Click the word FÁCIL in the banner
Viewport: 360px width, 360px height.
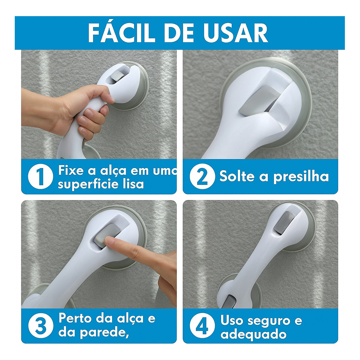(x=120, y=33)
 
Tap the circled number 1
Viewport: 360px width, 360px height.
(x=40, y=176)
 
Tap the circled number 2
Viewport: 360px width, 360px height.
(x=202, y=176)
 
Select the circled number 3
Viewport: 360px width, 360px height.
(x=41, y=326)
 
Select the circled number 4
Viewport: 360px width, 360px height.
(x=202, y=326)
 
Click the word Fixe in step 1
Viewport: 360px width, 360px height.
(x=70, y=171)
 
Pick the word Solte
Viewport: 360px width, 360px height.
(x=237, y=176)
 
